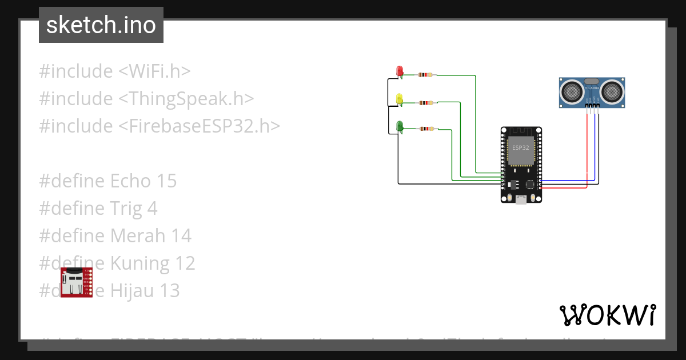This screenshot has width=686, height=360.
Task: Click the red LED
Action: (x=400, y=71)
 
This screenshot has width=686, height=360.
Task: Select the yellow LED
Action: (x=400, y=99)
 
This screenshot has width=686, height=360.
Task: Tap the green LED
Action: (x=400, y=126)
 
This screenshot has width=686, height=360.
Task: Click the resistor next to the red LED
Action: (x=426, y=75)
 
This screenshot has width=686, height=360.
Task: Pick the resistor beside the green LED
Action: (x=426, y=129)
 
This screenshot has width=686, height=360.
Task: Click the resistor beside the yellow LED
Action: (x=426, y=103)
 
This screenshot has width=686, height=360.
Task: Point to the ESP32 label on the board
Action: (x=520, y=147)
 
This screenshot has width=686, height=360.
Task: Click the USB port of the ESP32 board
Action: (x=521, y=199)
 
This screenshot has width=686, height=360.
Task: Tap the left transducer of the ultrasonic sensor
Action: (x=571, y=91)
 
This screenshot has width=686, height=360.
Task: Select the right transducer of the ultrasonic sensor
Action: (x=611, y=91)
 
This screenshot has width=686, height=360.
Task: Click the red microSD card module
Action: (x=76, y=282)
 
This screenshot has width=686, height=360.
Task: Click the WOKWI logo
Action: (x=607, y=315)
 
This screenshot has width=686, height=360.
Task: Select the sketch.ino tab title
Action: (x=101, y=25)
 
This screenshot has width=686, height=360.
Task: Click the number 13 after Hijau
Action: (x=170, y=291)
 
